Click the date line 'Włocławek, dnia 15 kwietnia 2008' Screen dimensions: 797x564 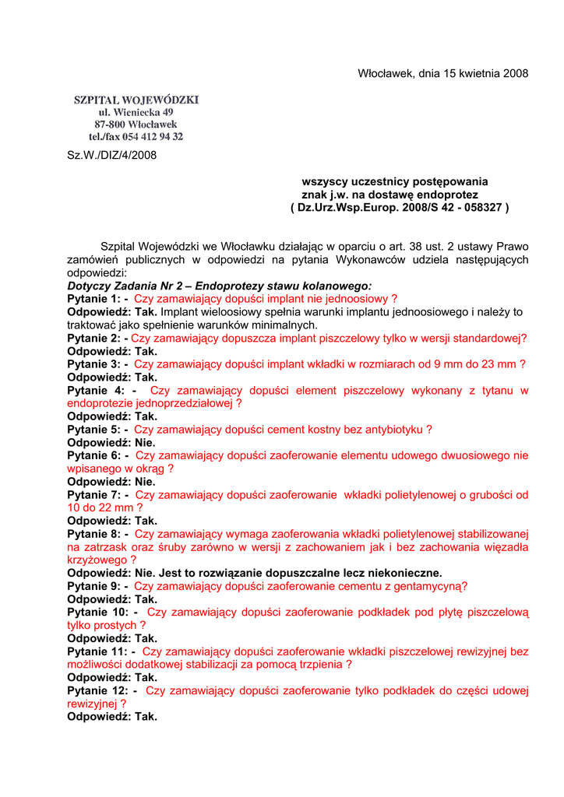click(x=442, y=74)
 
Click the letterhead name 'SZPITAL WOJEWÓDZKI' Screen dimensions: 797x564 click(x=136, y=100)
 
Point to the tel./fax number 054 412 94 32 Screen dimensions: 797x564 click(x=150, y=137)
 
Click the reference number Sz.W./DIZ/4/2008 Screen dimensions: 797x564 click(x=112, y=155)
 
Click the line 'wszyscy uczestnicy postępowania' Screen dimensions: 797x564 click(x=395, y=181)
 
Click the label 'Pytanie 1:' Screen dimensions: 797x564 click(x=93, y=299)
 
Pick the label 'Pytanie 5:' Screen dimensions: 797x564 click(x=93, y=430)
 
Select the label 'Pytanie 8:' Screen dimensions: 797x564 click(x=93, y=534)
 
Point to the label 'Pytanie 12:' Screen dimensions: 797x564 click(x=97, y=690)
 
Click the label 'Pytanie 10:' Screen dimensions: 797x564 click(x=97, y=613)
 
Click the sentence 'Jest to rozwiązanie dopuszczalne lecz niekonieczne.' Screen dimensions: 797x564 click(x=301, y=573)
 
